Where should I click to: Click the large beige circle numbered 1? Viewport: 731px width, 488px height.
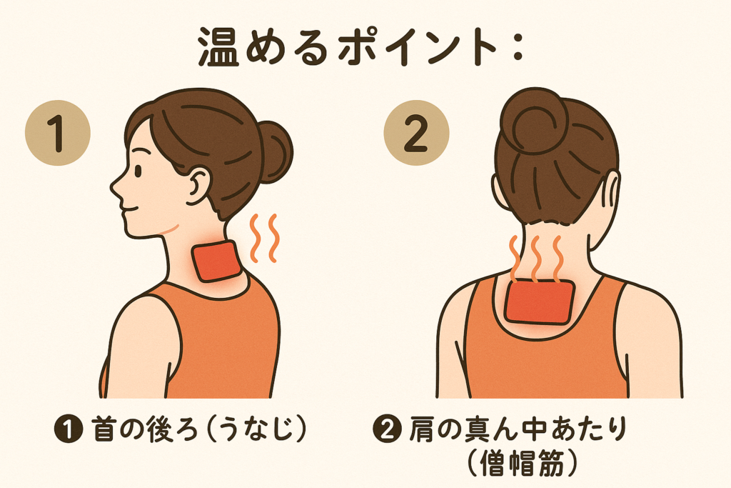(x=57, y=133)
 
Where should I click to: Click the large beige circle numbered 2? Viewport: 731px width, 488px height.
(x=416, y=133)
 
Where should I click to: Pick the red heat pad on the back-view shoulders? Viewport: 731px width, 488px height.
(x=539, y=301)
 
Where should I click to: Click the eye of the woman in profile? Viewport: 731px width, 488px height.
(x=138, y=171)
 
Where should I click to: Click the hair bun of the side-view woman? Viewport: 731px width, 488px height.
(x=275, y=151)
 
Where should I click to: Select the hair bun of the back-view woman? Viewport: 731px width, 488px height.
(x=535, y=121)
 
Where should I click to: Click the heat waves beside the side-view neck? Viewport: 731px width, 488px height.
(x=264, y=238)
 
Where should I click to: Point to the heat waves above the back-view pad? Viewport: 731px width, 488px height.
(x=535, y=259)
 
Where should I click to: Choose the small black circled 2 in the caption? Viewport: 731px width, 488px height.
(x=387, y=429)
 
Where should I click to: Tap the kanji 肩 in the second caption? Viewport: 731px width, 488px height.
(x=423, y=429)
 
